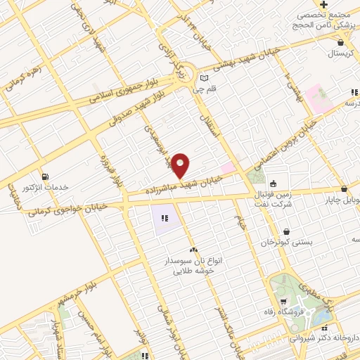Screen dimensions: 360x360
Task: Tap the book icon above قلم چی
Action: click(204, 78)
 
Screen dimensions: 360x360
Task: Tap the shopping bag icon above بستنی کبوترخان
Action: click(285, 231)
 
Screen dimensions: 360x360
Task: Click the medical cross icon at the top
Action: click(323, 4)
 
